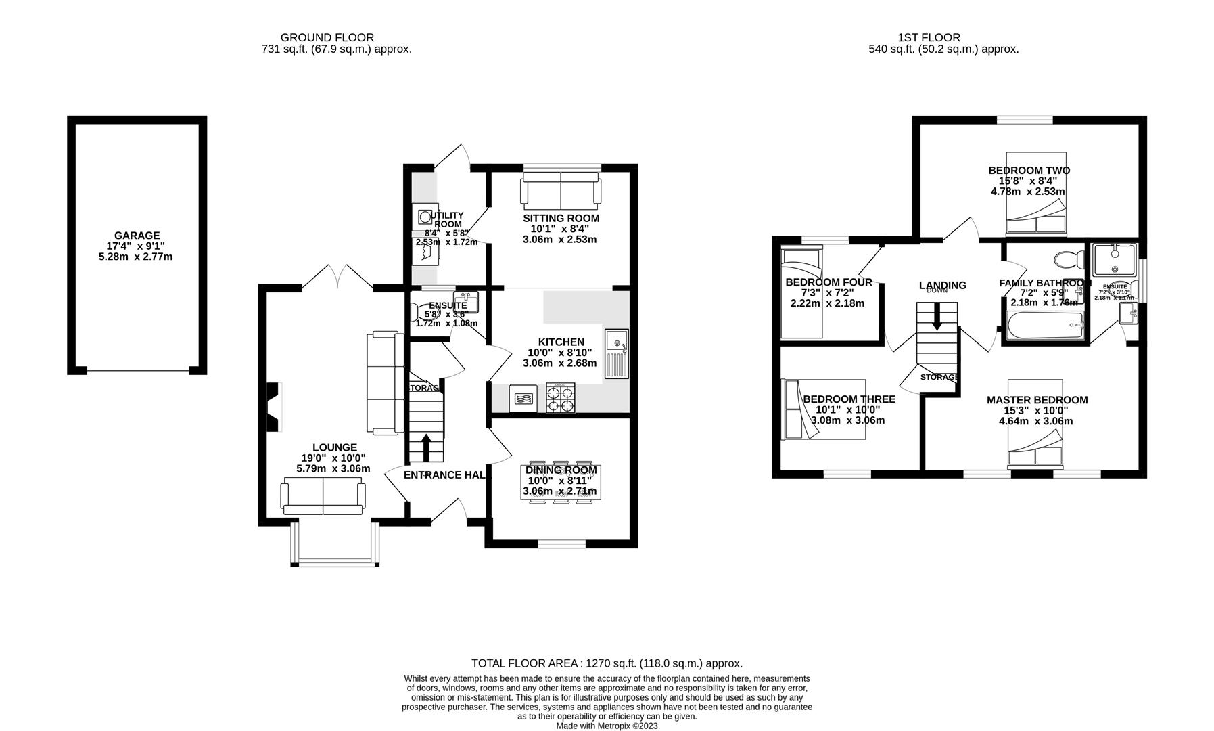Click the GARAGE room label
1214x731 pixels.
coord(137,236)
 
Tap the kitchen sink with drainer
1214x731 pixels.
coord(617,353)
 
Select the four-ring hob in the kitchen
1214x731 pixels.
coord(561,397)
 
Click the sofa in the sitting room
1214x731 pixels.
coord(560,188)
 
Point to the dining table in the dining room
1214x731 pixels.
coord(561,482)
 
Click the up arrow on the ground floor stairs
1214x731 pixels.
coord(426,447)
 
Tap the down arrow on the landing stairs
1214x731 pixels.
coord(937,317)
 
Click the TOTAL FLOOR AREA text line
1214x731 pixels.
coord(607,663)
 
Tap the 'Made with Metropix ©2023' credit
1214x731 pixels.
coord(607,726)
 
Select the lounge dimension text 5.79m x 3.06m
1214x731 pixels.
coord(333,468)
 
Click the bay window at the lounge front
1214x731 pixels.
coord(335,545)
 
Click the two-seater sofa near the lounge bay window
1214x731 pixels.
coord(323,496)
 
